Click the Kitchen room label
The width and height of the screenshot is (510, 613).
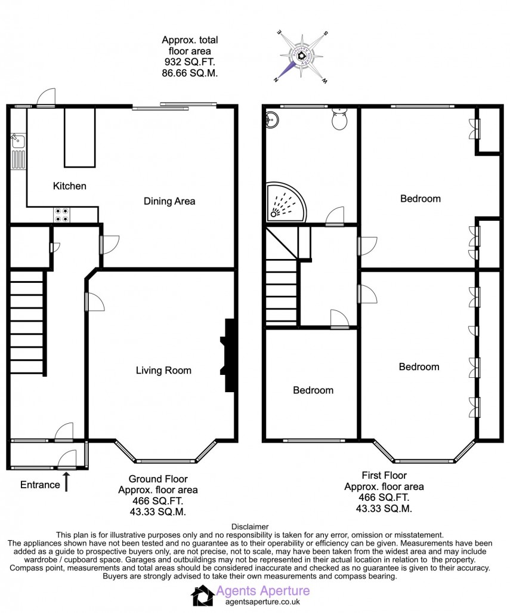click(x=70, y=186)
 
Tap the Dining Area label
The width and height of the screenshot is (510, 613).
click(x=169, y=201)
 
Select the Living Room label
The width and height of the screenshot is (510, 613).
click(x=163, y=371)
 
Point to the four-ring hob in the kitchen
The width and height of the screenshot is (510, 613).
click(x=61, y=214)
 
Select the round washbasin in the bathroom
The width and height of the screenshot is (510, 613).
click(x=272, y=118)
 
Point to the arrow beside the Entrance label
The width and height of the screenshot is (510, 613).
click(x=66, y=481)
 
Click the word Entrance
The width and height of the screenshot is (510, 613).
click(x=40, y=485)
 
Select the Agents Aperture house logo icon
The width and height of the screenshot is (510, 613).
click(x=201, y=596)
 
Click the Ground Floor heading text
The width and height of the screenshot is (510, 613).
click(x=158, y=479)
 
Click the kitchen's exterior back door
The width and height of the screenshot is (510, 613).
click(x=45, y=99)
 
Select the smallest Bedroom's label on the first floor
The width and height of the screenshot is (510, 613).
click(x=313, y=390)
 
